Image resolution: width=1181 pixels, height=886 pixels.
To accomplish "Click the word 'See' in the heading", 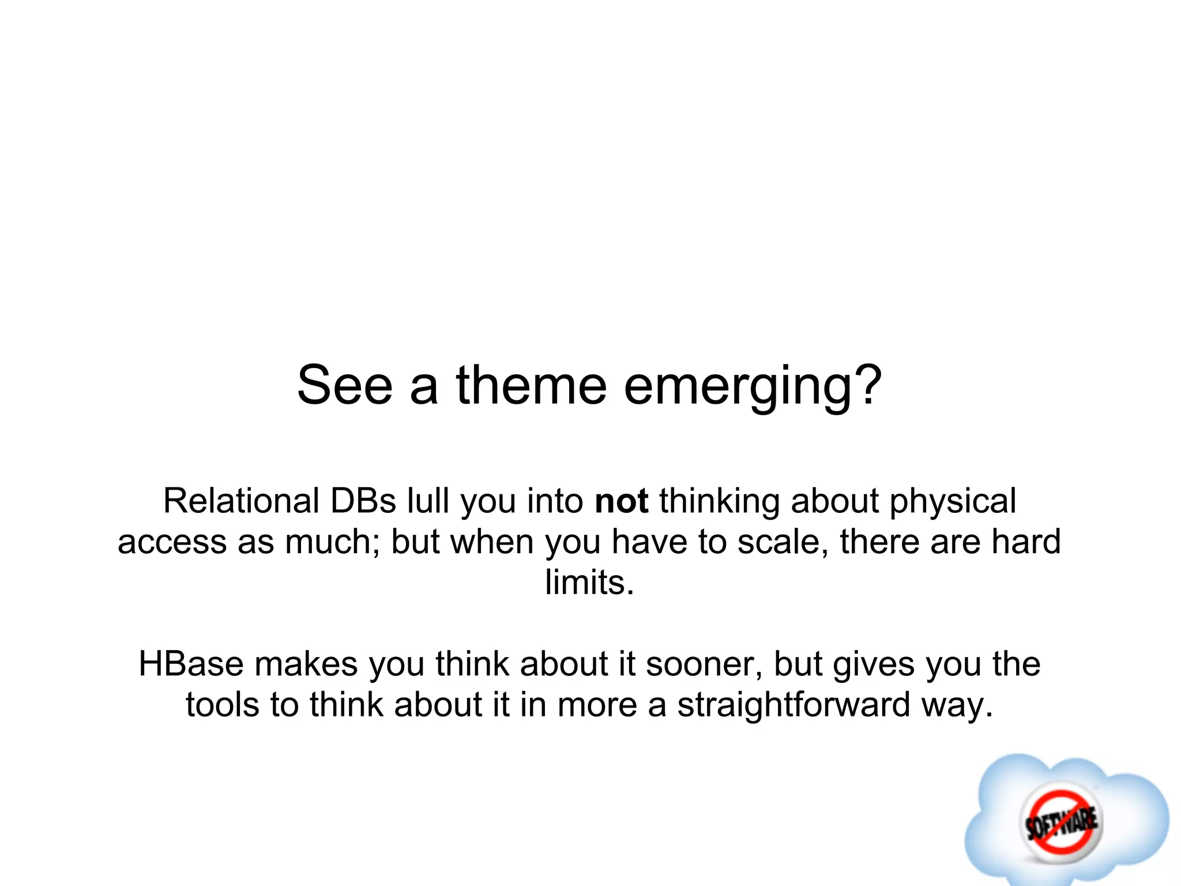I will coord(345,385).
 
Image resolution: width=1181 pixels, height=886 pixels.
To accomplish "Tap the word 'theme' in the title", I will coord(531,385).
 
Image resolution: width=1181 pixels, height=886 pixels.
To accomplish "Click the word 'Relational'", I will coord(241,501).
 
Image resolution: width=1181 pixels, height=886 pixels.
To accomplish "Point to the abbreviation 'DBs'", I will coord(363,501).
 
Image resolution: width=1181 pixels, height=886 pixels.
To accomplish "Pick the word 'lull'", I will coord(428,501).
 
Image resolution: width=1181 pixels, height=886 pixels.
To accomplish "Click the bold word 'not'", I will coord(622,501).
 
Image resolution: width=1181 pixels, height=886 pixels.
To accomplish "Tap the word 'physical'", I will coord(953,502).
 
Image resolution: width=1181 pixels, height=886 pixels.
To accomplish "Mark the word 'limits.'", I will coord(589,583).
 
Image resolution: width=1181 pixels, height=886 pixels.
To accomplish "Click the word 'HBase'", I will coord(191,664).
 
